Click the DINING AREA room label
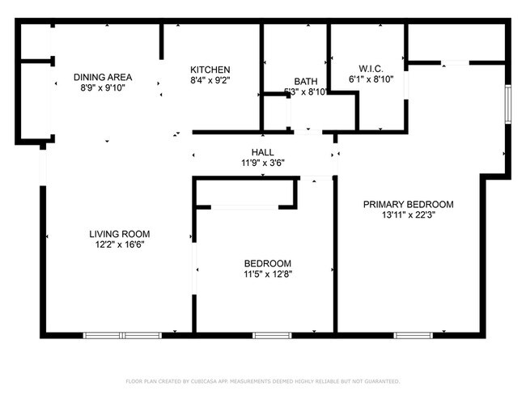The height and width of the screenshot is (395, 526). point(103,78)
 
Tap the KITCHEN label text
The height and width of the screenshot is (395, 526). point(210,70)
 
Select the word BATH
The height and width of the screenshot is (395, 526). point(306,81)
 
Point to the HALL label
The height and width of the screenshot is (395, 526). point(262,151)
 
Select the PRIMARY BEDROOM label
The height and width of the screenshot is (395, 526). point(408,204)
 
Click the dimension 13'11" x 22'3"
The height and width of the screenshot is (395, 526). point(408,215)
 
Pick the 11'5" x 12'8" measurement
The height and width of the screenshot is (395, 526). point(268,274)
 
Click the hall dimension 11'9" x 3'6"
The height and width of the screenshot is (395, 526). point(262,162)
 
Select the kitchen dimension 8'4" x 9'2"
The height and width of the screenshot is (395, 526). point(210,80)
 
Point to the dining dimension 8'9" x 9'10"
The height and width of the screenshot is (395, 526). point(103,88)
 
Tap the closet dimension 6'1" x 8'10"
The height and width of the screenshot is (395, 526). point(371,79)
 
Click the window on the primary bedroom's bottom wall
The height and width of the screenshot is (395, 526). point(424,333)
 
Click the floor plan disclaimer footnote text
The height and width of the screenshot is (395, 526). point(263,380)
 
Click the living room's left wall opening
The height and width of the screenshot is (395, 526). point(43,166)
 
